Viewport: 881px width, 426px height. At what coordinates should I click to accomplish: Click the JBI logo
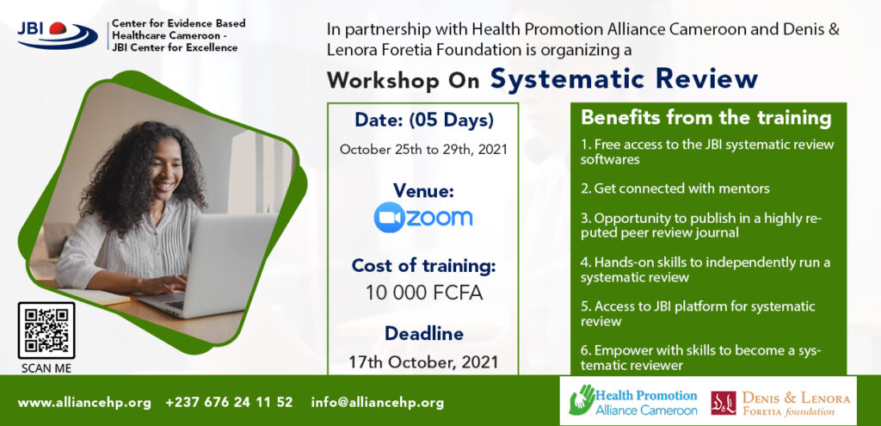click(x=57, y=34)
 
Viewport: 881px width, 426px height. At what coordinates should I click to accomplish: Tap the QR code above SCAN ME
click(x=46, y=330)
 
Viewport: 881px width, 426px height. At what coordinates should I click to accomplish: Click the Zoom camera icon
click(x=389, y=217)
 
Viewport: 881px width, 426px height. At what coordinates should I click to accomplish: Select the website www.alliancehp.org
click(x=84, y=403)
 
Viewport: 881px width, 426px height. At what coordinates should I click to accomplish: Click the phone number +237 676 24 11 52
click(x=229, y=403)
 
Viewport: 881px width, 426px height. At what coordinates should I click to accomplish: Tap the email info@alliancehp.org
click(x=377, y=403)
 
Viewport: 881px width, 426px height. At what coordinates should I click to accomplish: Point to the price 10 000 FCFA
click(x=423, y=293)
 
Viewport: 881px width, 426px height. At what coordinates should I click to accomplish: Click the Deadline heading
click(x=423, y=334)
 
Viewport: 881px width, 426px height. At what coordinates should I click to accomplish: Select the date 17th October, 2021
click(x=423, y=362)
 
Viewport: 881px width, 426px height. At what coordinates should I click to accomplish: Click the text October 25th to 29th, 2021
click(x=423, y=150)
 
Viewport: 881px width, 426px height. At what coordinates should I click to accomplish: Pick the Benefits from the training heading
click(x=705, y=118)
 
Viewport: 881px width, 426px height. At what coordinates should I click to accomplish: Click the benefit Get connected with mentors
click(x=675, y=188)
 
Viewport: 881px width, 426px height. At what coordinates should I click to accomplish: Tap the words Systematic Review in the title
click(x=624, y=78)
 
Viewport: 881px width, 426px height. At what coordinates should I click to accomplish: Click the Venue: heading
click(x=423, y=190)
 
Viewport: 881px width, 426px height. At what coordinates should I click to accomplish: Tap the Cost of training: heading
click(x=423, y=265)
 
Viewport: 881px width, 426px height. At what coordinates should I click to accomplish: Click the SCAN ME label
click(x=46, y=369)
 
